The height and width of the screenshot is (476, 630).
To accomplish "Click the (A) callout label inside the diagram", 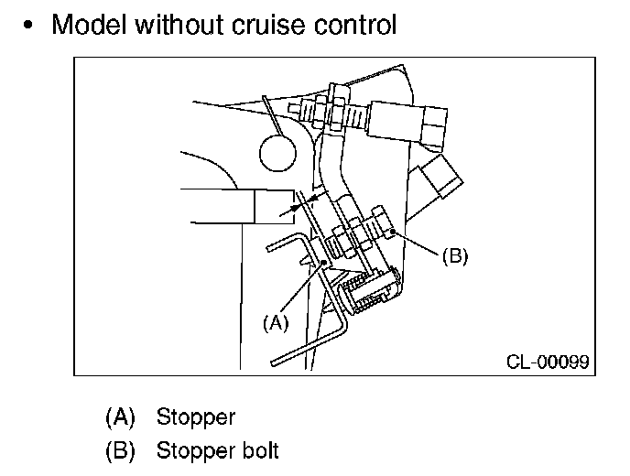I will pos(275,322).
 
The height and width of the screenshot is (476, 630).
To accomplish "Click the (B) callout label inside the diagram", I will pos(455,256).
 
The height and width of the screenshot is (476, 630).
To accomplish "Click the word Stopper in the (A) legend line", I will pos(196,417).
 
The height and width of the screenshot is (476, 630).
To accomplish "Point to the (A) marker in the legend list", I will pos(120,417).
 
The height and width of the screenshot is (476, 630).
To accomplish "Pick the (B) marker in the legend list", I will pos(120,450).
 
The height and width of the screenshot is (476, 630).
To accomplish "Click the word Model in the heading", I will pos(89,25).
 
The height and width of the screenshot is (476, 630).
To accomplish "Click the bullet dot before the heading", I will pos(32,26).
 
